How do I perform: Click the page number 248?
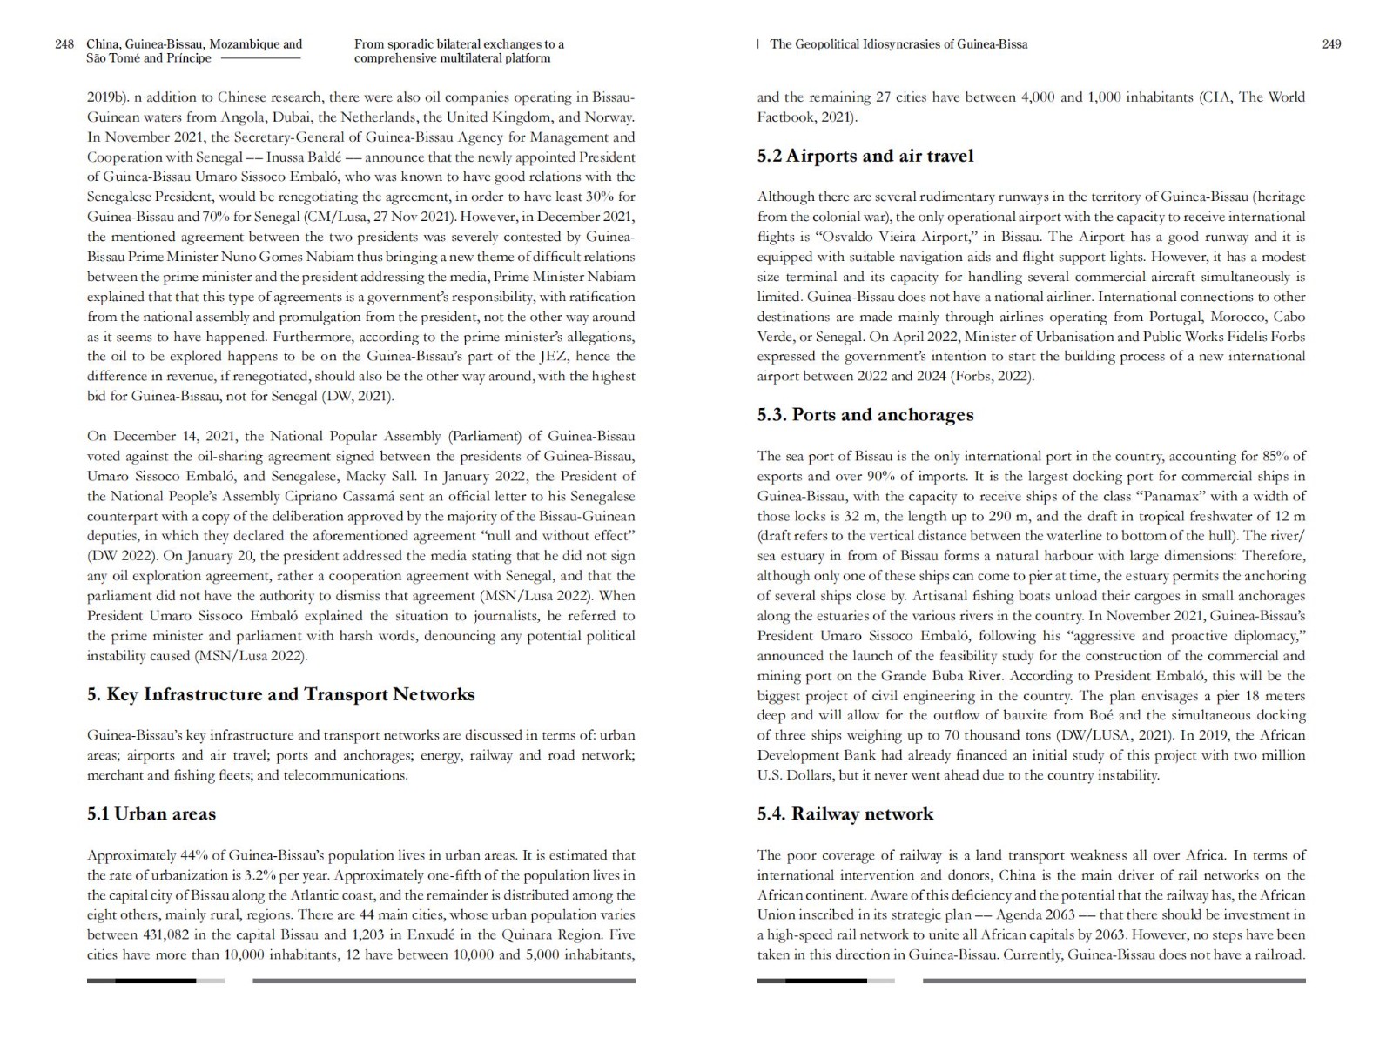pos(64,44)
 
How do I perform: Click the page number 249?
pos(1331,44)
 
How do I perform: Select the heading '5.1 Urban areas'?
pos(151,814)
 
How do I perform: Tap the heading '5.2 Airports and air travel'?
pos(865,157)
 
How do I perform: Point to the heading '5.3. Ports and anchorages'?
pos(865,415)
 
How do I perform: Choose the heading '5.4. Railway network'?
pos(845,814)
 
